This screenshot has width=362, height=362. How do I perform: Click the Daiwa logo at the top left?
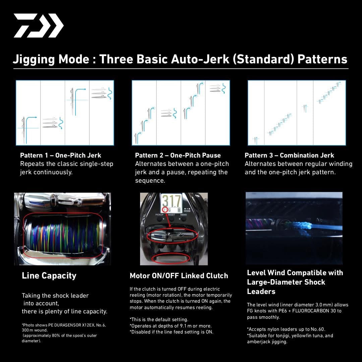click(39, 25)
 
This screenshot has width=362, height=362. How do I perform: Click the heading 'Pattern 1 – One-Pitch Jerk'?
click(60, 156)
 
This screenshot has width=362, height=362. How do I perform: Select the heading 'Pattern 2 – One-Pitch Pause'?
click(178, 156)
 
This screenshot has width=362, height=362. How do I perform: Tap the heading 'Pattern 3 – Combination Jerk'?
click(289, 156)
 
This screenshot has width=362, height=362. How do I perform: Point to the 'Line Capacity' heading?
click(49, 276)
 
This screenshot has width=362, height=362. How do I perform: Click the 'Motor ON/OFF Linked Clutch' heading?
click(179, 276)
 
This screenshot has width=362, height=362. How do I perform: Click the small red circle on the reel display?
click(165, 210)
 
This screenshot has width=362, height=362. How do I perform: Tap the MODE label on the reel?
click(187, 211)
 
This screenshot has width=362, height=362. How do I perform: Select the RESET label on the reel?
click(172, 215)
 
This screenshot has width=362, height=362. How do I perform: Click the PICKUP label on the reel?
click(159, 215)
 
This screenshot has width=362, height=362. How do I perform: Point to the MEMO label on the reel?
click(184, 215)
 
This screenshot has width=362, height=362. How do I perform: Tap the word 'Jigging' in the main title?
click(34, 59)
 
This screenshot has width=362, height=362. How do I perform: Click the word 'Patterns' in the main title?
click(322, 59)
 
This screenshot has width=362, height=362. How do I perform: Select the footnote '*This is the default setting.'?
click(159, 319)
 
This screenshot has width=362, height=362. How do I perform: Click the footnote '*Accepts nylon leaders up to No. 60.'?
click(286, 329)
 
